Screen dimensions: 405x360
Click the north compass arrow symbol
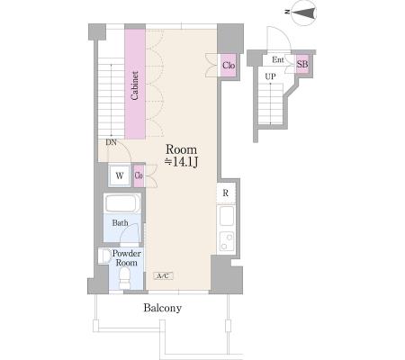point(303,13)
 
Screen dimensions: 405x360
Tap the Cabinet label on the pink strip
point(135,85)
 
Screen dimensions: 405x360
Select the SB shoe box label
point(302,64)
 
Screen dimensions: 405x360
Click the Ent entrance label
point(278,59)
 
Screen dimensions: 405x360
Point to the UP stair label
point(270,76)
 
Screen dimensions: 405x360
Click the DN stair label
point(111,143)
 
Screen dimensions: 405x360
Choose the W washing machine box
point(120,175)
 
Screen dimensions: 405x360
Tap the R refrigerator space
point(226,193)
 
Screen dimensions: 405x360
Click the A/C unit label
point(164,275)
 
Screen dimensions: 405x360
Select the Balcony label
point(163,308)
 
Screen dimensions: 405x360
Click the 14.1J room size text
point(181,162)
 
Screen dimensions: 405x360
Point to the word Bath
point(120,223)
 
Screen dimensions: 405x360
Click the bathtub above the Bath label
point(122,204)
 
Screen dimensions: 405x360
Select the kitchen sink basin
point(227,216)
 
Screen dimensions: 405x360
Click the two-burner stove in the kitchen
point(227,242)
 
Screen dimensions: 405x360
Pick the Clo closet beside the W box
point(139,175)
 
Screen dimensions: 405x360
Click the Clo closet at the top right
point(229,65)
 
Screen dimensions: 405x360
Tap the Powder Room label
point(126,258)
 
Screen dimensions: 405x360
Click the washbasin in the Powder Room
point(104,256)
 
